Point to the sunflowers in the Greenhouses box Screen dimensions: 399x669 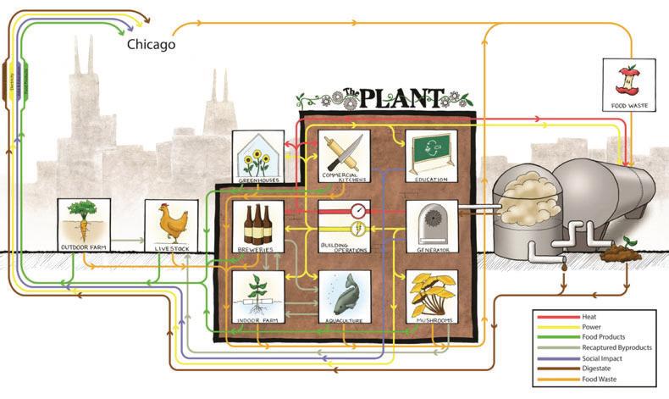(x=257, y=158)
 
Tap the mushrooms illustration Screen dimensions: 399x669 (x=431, y=294)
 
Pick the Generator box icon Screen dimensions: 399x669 (x=432, y=222)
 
